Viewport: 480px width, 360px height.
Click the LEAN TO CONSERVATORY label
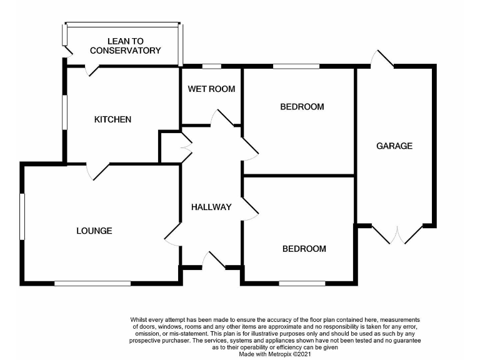[x=125, y=46]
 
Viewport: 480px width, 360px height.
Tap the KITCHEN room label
[x=112, y=119]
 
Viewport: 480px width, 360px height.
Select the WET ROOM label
[x=211, y=89]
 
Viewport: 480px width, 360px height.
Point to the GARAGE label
[x=394, y=146]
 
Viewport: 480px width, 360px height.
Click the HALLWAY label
[x=211, y=207]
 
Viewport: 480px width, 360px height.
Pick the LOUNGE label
[x=94, y=231]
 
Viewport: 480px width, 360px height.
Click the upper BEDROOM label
[x=302, y=107]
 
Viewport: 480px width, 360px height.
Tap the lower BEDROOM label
[x=304, y=249]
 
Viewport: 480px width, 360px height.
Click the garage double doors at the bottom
[x=397, y=234]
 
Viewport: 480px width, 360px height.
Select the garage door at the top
[x=382, y=59]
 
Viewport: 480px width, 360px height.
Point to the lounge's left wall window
[x=22, y=216]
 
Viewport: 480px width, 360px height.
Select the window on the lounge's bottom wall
[x=92, y=284]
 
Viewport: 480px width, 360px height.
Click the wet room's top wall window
[x=212, y=66]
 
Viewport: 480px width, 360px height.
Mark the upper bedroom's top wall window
[x=296, y=66]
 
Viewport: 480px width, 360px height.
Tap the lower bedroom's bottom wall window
[x=302, y=284]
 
